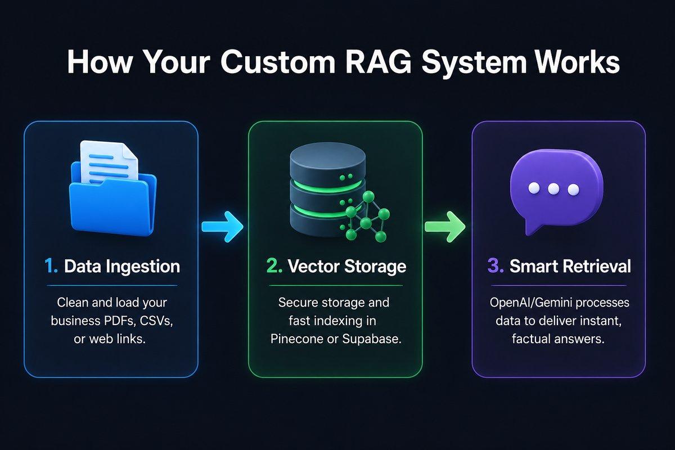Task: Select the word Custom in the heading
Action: pos(277,62)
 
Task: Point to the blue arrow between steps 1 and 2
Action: pos(222,227)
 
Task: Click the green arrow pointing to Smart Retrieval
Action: pos(445,227)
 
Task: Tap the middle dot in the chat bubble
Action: pos(553,189)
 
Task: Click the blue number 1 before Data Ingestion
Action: pos(51,267)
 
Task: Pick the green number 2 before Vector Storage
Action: pos(274,267)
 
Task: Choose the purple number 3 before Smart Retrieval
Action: pos(496,267)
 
